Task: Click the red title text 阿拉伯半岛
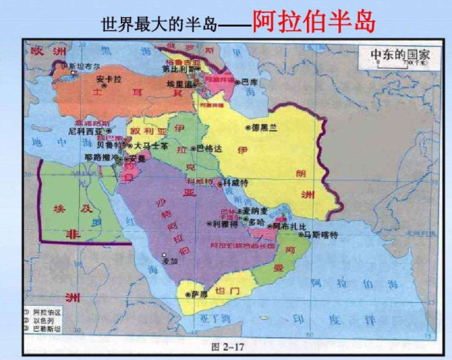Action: pos(314,22)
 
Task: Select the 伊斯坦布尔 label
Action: pos(80,66)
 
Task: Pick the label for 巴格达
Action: pos(209,148)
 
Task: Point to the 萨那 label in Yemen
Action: pos(199,294)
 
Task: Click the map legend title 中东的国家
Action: pos(400,55)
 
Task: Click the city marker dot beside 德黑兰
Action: pos(248,128)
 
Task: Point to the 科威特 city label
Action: pos(235,184)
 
